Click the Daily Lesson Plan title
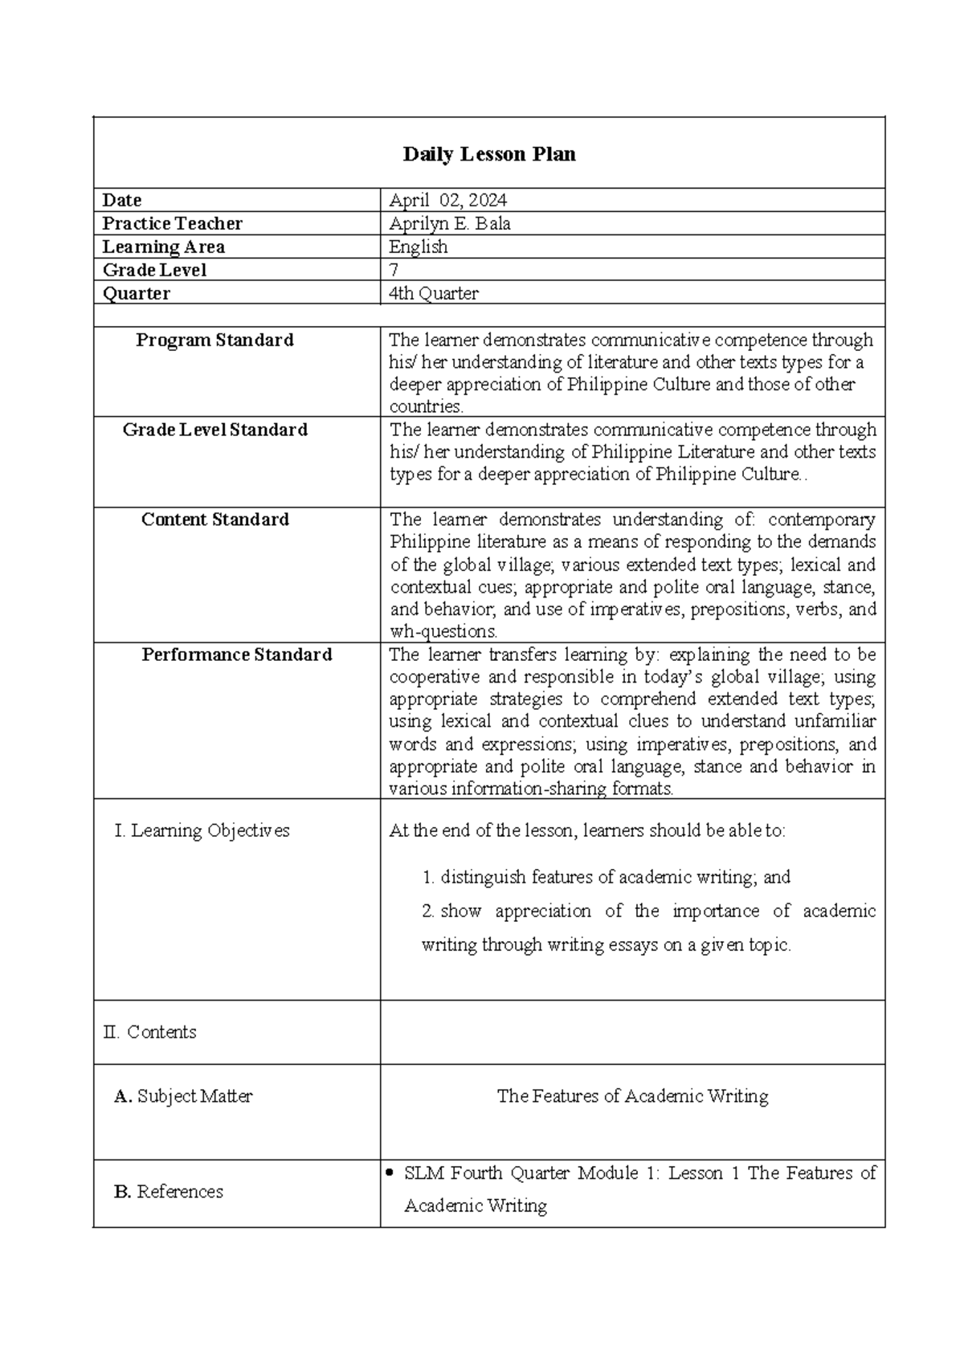pyautogui.click(x=488, y=154)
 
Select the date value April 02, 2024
pyautogui.click(x=447, y=200)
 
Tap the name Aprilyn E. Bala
pyautogui.click(x=449, y=223)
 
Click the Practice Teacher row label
pyautogui.click(x=172, y=223)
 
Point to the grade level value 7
pyautogui.click(x=394, y=270)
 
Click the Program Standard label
pyautogui.click(x=214, y=340)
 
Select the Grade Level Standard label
pyautogui.click(x=214, y=430)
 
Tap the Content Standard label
pyautogui.click(x=214, y=520)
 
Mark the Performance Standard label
pyautogui.click(x=236, y=654)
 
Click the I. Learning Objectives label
pyautogui.click(x=202, y=830)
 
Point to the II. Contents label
pyautogui.click(x=149, y=1032)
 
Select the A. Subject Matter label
pyautogui.click(x=183, y=1096)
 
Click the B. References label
pyautogui.click(x=169, y=1192)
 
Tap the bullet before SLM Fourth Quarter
pyautogui.click(x=390, y=1173)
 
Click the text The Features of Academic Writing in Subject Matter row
pyautogui.click(x=632, y=1096)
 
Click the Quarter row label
pyautogui.click(x=136, y=293)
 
